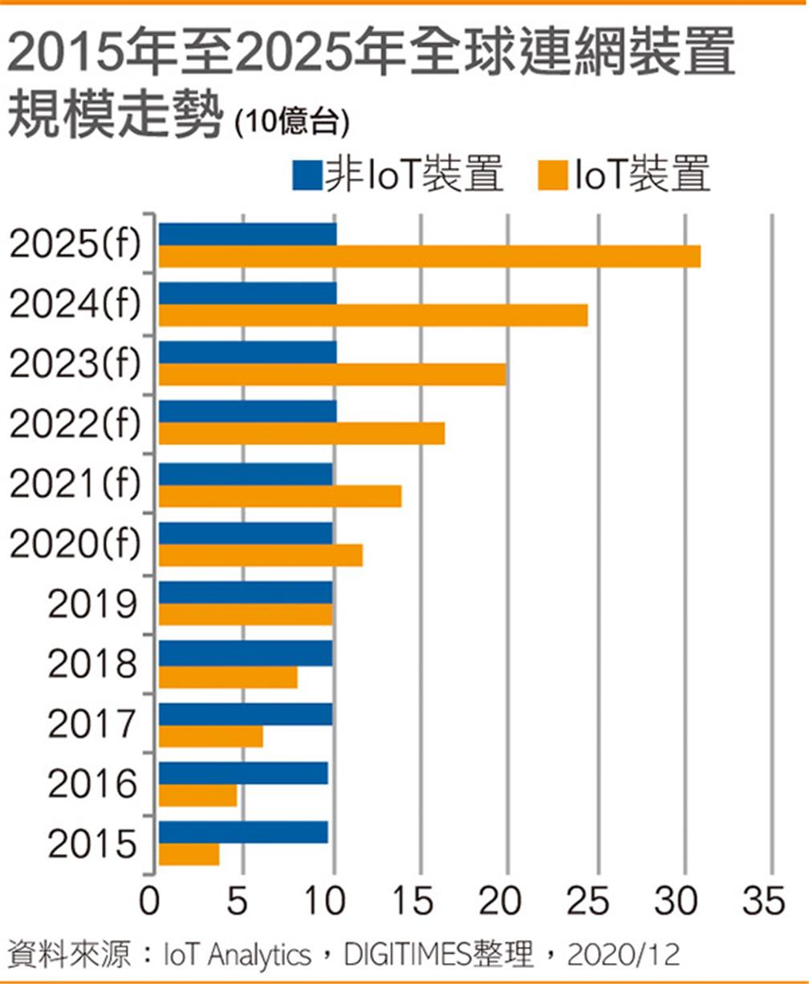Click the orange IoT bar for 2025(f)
[429, 257]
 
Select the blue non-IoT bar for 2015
[243, 832]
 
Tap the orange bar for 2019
[246, 615]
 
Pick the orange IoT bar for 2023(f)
[332, 375]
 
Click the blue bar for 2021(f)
[246, 474]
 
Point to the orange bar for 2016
[198, 796]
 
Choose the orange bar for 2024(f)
[373, 315]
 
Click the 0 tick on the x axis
[149, 902]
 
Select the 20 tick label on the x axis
[503, 902]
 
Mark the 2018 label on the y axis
[91, 665]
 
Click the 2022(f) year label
[75, 424]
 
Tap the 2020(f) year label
[75, 545]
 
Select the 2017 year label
[91, 725]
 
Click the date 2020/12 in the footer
[623, 955]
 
